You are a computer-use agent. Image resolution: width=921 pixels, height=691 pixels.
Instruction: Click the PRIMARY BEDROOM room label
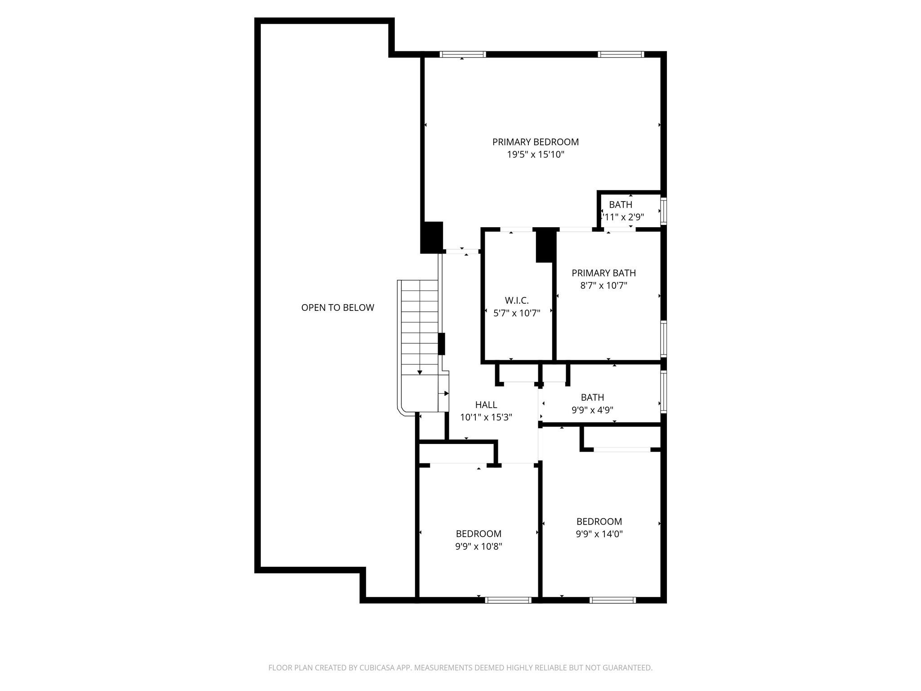pyautogui.click(x=535, y=142)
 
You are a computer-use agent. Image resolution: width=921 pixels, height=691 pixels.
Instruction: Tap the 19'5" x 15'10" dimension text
pyautogui.click(x=535, y=155)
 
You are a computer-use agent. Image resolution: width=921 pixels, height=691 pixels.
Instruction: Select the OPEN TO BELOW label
pyautogui.click(x=337, y=308)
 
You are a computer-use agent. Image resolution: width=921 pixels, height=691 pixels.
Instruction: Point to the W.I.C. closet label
pyautogui.click(x=517, y=300)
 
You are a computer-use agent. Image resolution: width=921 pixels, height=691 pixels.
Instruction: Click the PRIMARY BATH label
pyautogui.click(x=604, y=273)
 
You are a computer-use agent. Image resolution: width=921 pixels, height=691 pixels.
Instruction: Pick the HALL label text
pyautogui.click(x=486, y=405)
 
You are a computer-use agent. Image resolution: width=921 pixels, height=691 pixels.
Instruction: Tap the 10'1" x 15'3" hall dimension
pyautogui.click(x=486, y=417)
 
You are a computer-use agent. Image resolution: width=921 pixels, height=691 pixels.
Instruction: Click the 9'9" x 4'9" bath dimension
pyautogui.click(x=592, y=410)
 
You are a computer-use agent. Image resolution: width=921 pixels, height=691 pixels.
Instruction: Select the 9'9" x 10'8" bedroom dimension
pyautogui.click(x=478, y=547)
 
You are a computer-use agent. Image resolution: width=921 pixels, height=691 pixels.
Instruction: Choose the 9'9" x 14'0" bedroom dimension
pyautogui.click(x=599, y=534)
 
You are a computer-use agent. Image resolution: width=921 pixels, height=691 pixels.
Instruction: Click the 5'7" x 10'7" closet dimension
pyautogui.click(x=517, y=313)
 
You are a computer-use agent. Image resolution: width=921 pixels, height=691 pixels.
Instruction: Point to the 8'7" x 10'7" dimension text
pyautogui.click(x=604, y=286)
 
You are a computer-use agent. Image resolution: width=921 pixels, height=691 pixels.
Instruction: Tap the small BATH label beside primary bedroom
pyautogui.click(x=621, y=205)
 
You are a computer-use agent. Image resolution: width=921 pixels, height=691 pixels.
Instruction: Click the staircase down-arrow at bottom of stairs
pyautogui.click(x=420, y=372)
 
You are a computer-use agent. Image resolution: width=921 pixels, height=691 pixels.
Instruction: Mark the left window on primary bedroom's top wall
pyautogui.click(x=463, y=54)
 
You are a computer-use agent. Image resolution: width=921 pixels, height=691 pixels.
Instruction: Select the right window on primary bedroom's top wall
pyautogui.click(x=621, y=54)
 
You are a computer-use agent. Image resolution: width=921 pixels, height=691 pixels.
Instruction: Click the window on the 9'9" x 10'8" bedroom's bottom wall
pyautogui.click(x=509, y=600)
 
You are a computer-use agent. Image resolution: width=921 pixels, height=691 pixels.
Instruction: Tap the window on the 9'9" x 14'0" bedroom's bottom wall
pyautogui.click(x=613, y=600)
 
